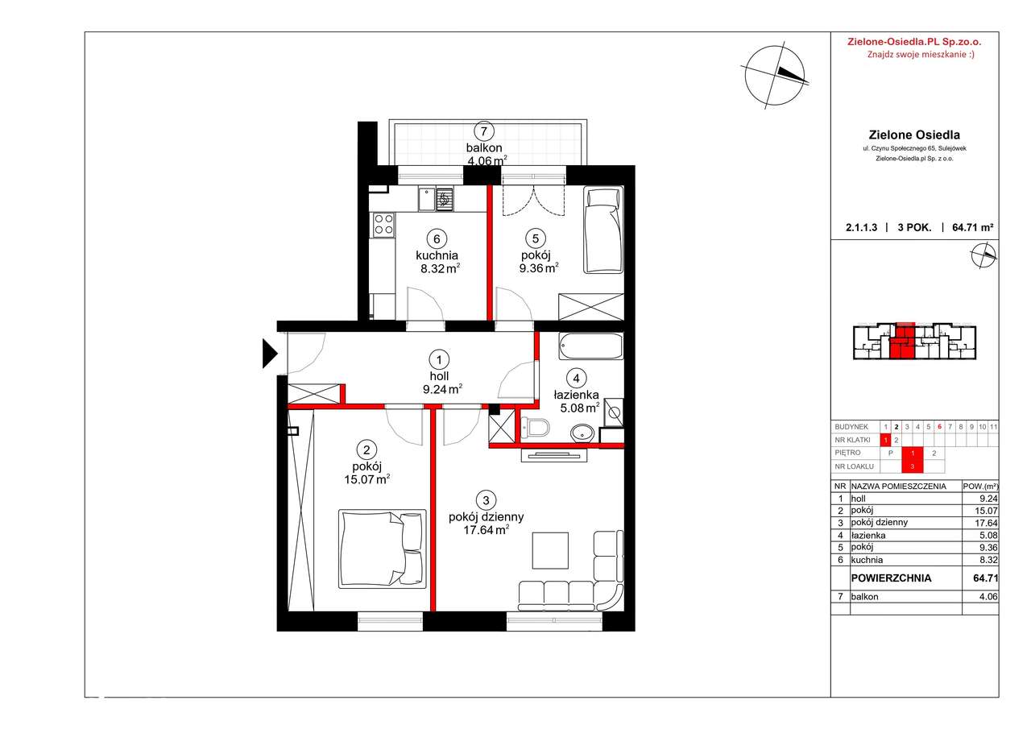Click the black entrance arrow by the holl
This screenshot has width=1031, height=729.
(x=269, y=354)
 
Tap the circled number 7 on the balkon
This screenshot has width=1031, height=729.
(x=484, y=131)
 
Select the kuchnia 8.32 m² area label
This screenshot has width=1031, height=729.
(x=437, y=262)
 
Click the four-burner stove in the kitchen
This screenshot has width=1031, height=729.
(x=384, y=225)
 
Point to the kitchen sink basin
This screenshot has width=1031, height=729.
(x=427, y=199)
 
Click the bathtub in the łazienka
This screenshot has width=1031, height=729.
(x=591, y=346)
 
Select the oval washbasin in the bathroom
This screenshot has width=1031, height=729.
(x=582, y=433)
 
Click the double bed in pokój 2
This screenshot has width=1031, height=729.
(x=382, y=549)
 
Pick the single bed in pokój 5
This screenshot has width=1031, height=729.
(x=603, y=230)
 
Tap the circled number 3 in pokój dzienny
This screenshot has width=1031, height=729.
(x=486, y=500)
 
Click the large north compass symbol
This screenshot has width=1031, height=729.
(x=775, y=76)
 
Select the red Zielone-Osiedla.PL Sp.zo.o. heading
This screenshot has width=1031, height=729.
(x=914, y=42)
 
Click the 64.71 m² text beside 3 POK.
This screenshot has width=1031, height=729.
(x=972, y=227)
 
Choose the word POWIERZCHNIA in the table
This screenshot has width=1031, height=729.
(x=891, y=578)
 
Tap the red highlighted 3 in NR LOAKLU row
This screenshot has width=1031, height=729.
(x=913, y=466)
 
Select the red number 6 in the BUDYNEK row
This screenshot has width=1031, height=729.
(x=939, y=427)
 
